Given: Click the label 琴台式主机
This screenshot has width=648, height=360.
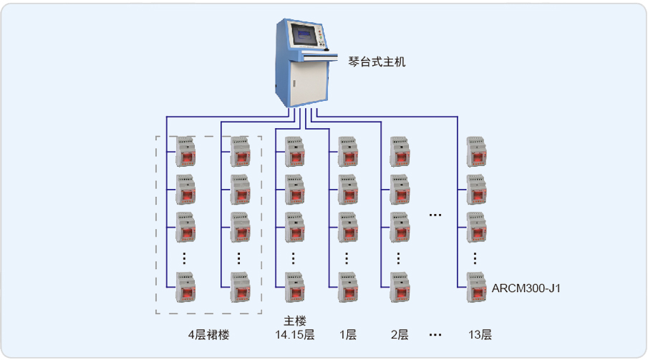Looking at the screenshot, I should (377, 62).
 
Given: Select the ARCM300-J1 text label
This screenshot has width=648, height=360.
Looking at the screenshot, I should (526, 289).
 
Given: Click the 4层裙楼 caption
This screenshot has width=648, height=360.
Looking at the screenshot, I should (209, 334).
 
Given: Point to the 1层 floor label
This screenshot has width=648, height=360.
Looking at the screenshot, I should (348, 334).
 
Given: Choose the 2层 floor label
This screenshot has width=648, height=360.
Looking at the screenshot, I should (400, 334).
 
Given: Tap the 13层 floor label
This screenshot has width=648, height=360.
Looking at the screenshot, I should (480, 334).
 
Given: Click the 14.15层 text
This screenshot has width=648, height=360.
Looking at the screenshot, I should (294, 334).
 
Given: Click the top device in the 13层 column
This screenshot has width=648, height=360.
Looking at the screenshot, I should (476, 151).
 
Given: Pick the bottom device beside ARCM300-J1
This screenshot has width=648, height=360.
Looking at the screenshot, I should (476, 288).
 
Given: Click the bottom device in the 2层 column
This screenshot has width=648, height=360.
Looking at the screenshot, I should (400, 288).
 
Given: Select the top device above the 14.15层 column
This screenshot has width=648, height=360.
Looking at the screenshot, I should (294, 151).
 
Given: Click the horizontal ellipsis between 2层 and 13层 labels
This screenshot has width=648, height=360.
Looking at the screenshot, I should (435, 334).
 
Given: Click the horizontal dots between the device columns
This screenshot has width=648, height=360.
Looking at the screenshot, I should (435, 215).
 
